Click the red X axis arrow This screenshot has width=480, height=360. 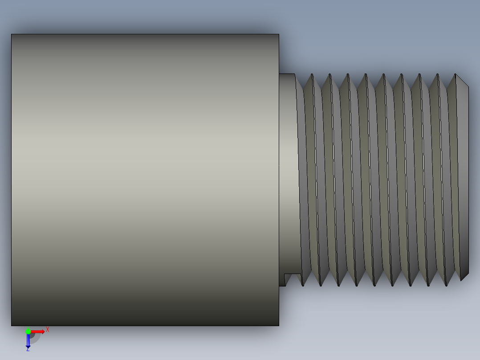point(38,331)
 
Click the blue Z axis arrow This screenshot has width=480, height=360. point(28,341)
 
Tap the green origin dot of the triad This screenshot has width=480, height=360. point(28,331)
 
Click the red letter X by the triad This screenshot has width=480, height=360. point(48,330)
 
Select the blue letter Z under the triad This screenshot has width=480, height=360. point(28,349)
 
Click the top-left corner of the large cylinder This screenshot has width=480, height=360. point(12,35)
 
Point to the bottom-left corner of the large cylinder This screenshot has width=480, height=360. point(12,325)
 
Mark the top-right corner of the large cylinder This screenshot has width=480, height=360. point(278,35)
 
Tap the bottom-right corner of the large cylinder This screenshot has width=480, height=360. point(278,325)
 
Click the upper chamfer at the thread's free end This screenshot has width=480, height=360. point(462,81)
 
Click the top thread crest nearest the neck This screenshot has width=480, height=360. point(312,75)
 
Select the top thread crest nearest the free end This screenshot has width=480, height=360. point(455,74)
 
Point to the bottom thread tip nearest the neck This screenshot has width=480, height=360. point(303,285)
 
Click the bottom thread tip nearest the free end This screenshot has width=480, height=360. point(446,285)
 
